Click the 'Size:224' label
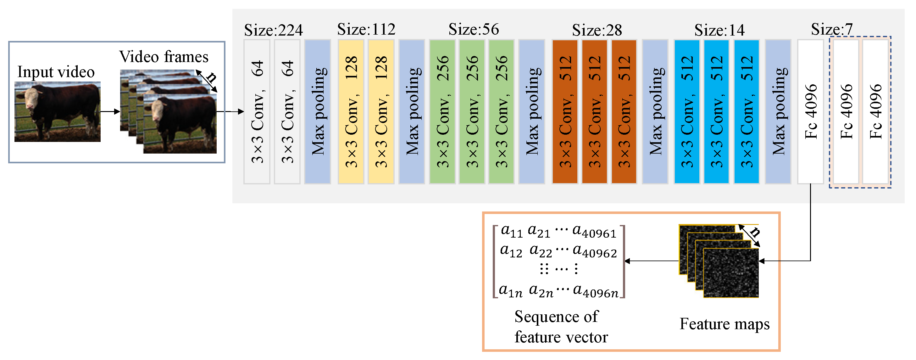pos(273,30)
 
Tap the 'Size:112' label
pos(366,29)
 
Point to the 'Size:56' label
pos(473,29)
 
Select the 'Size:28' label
pos(597,30)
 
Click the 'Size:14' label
pos(719,30)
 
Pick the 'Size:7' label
pos(831,29)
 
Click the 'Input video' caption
pos(56,72)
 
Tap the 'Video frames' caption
pos(164,57)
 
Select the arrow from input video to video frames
pos(110,112)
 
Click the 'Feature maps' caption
pos(724,324)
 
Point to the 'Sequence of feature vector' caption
pos(561,327)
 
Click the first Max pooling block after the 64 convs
pos(318,112)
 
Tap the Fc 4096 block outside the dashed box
pos(810,112)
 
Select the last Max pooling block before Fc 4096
pos(778,112)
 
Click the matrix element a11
pos(511,231)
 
